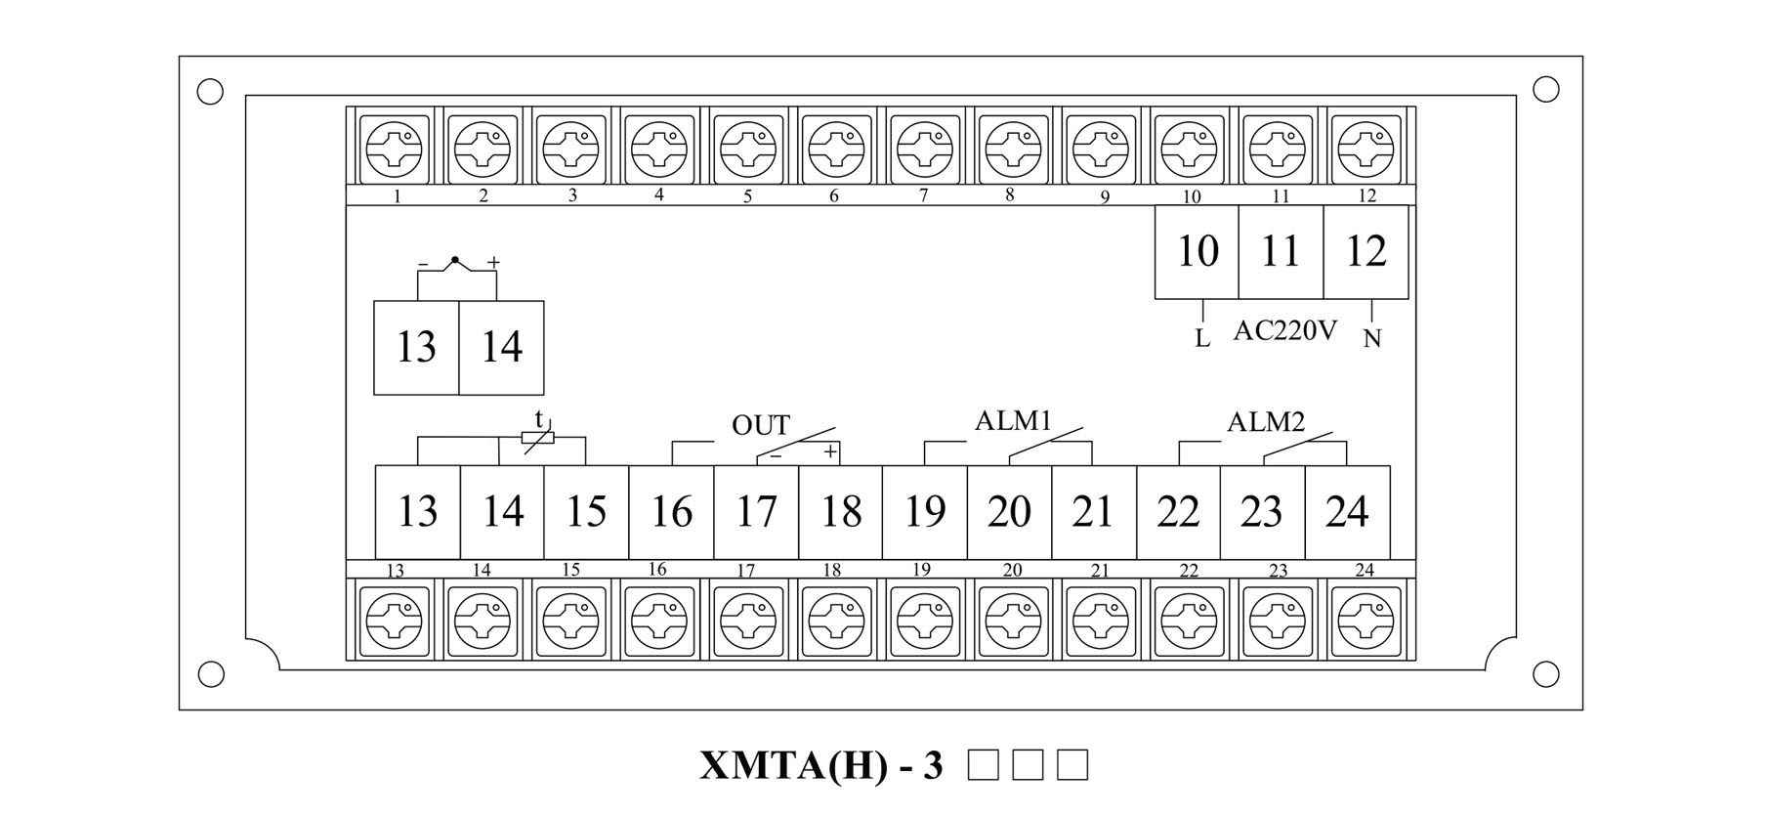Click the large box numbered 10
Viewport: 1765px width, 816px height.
[1197, 252]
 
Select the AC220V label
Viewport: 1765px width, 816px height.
[1284, 330]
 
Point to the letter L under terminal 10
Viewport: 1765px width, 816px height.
[1202, 339]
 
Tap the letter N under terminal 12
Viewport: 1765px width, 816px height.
[1372, 339]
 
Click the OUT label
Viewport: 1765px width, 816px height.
[760, 425]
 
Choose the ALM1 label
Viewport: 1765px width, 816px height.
[1013, 421]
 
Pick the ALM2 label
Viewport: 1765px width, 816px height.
[1266, 422]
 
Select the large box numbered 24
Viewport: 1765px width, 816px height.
[1347, 512]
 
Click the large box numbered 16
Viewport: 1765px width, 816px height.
[671, 512]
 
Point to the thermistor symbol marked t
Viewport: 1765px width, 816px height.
[538, 437]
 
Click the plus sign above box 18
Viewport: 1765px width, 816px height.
[829, 451]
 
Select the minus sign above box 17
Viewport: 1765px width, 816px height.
[775, 454]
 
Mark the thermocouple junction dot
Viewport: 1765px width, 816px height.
[454, 260]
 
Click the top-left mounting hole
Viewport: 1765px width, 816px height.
[210, 92]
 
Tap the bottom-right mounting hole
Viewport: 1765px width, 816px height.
[1546, 674]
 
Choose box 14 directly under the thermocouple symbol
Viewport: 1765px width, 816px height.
[501, 348]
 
